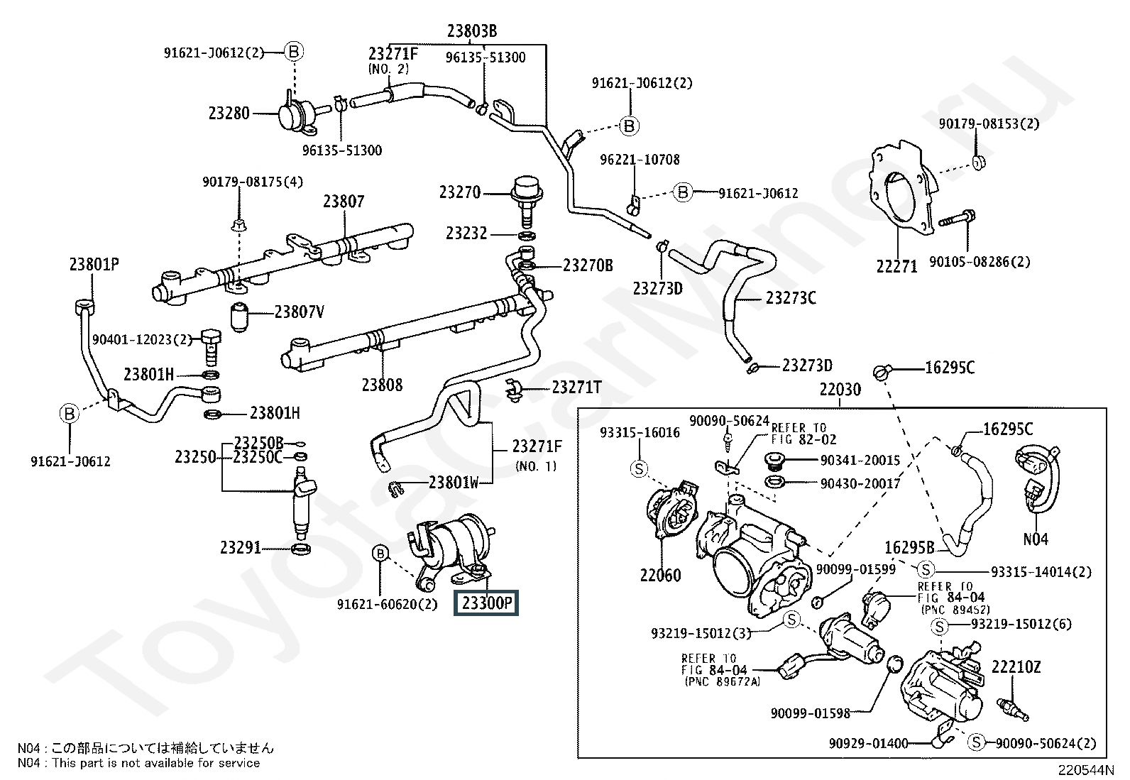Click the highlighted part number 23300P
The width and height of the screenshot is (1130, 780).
point(486,603)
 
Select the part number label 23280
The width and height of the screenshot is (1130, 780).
point(229,113)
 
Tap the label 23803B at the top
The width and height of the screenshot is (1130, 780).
point(471,31)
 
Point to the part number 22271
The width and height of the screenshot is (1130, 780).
point(896,266)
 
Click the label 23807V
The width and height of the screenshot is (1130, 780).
point(299,312)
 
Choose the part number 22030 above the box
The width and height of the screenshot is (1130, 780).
point(840,389)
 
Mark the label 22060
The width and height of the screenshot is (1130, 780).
point(660,575)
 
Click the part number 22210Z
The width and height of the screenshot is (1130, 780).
point(1016,667)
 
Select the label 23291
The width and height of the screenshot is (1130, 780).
point(241,548)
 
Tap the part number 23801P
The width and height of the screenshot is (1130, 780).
point(94,265)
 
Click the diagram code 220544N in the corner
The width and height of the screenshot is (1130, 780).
point(1087,770)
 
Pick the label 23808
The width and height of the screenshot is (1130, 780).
point(382,385)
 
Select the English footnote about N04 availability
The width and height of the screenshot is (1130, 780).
point(138,763)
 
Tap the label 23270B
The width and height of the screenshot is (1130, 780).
point(587,265)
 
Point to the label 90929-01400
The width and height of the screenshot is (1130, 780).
point(868,743)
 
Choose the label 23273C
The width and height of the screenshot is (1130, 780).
point(791,298)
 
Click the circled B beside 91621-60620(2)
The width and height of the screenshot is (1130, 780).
point(380,553)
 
